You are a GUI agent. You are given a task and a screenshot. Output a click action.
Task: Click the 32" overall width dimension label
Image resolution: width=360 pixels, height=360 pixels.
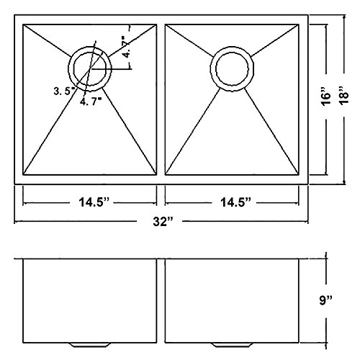click(163, 222)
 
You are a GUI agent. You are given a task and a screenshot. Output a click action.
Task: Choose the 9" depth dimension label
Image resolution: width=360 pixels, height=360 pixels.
click(325, 300)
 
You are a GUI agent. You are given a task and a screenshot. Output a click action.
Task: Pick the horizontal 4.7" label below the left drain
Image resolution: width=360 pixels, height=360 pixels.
click(90, 102)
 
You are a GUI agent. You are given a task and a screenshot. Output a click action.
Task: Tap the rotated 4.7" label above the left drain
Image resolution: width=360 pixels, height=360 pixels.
click(126, 47)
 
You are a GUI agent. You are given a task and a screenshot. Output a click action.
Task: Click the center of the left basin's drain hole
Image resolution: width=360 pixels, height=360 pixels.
click(90, 69)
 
